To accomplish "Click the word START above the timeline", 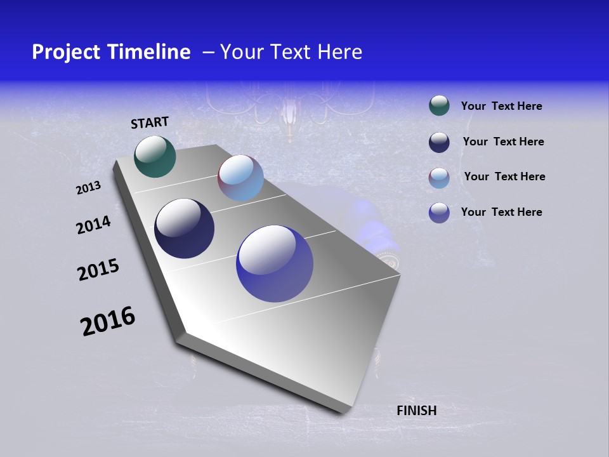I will click(x=150, y=123).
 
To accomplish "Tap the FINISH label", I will click(x=416, y=411).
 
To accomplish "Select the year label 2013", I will click(x=88, y=188).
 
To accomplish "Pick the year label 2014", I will click(x=93, y=225).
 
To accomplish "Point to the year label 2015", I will click(x=98, y=270).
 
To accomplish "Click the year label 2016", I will click(x=108, y=321).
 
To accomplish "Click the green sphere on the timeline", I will click(x=155, y=156).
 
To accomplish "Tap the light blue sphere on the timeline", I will click(x=240, y=178).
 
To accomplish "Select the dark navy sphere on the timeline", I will click(x=184, y=228).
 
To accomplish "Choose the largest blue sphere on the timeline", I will click(x=274, y=263).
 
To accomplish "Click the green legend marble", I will click(x=439, y=106).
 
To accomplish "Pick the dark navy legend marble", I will click(x=439, y=142).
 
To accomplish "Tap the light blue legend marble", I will click(x=439, y=178).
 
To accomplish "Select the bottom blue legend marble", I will click(x=439, y=213).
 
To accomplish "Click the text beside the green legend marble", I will click(x=501, y=107).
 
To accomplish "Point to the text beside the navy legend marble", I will click(x=503, y=142).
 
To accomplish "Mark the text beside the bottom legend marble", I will click(x=501, y=212).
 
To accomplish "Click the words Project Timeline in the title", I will click(x=111, y=52).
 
